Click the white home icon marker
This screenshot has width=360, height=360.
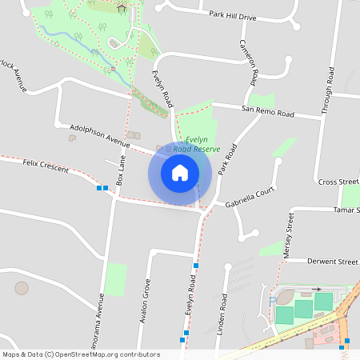tap(180, 172)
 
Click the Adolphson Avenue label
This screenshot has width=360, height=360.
tap(100, 134)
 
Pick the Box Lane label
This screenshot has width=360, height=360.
tap(121, 170)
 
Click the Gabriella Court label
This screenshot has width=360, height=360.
tap(250, 198)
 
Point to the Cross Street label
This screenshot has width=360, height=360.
tap(338, 182)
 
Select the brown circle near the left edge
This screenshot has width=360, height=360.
tap(22, 288)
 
